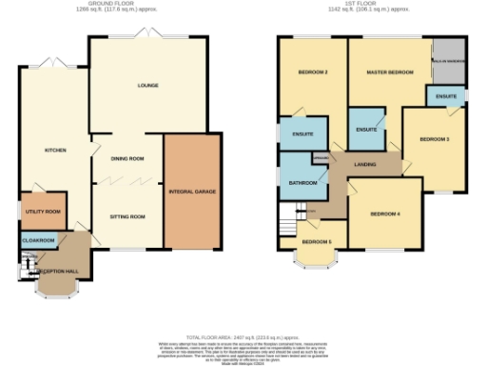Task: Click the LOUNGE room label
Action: pyautogui.click(x=146, y=86)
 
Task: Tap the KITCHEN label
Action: pyautogui.click(x=54, y=151)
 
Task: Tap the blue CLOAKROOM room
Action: pyautogui.click(x=38, y=241)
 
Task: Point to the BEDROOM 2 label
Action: pyautogui.click(x=313, y=73)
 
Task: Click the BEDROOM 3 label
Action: pyautogui.click(x=434, y=140)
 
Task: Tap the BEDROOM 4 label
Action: pyautogui.click(x=385, y=213)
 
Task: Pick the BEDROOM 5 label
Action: pyautogui.click(x=316, y=242)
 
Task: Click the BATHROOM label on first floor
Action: pyautogui.click(x=302, y=182)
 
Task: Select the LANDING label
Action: pyautogui.click(x=364, y=164)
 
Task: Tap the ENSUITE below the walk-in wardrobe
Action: pyautogui.click(x=445, y=96)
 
